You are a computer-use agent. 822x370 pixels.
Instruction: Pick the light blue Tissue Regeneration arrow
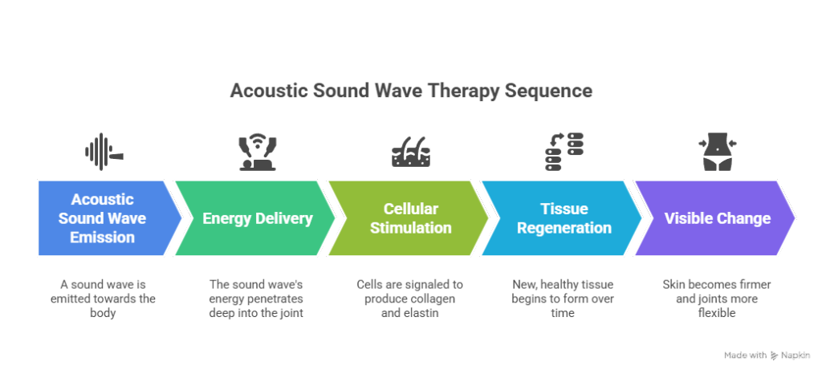(x=562, y=218)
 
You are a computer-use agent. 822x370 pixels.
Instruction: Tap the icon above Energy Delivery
(x=257, y=152)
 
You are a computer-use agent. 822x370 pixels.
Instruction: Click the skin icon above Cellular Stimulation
(x=410, y=152)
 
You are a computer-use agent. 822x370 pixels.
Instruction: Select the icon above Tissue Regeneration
(x=564, y=152)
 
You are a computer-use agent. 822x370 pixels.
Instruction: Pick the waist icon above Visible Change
(x=716, y=152)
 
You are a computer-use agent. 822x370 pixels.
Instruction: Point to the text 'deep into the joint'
(x=256, y=313)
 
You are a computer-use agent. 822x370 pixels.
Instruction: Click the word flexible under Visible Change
(x=716, y=313)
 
